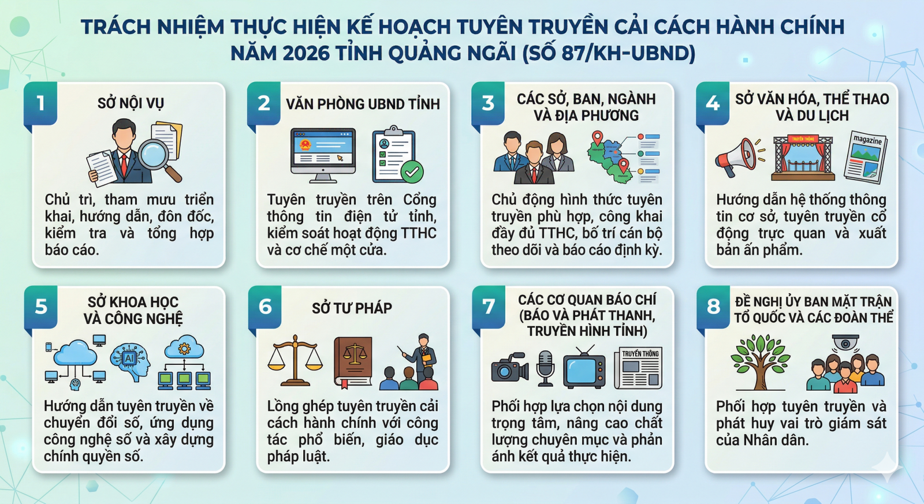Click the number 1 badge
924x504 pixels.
click(x=40, y=103)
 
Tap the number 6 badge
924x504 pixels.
click(x=265, y=307)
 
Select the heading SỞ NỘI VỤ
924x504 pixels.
click(x=131, y=103)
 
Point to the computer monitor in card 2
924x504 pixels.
click(x=323, y=155)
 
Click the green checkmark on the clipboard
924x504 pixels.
click(x=412, y=171)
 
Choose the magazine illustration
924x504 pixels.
click(x=866, y=157)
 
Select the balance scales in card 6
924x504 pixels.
click(x=295, y=361)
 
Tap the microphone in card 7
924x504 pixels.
click(x=545, y=368)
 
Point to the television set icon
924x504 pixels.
click(x=584, y=368)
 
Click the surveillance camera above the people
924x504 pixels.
click(x=845, y=342)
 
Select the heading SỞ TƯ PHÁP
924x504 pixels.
click(x=352, y=308)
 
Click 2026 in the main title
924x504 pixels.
click(x=306, y=53)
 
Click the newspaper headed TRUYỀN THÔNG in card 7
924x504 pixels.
click(x=638, y=368)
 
